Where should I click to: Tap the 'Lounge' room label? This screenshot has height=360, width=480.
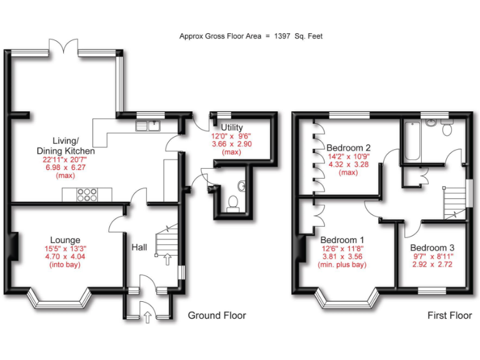point(66,240)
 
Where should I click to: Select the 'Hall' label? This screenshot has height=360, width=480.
point(139,248)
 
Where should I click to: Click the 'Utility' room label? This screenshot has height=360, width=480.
point(231,127)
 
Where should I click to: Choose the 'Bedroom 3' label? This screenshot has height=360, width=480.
point(432,247)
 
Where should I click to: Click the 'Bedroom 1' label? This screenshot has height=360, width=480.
point(342,239)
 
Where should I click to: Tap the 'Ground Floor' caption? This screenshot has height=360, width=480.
point(217,316)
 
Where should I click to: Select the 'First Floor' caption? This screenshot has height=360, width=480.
point(449,316)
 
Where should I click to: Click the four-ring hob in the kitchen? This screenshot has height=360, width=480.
point(86,194)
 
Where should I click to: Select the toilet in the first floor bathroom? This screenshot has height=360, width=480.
point(447,128)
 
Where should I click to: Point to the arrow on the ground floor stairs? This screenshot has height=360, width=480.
point(167,259)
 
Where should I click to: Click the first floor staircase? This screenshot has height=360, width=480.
point(454,203)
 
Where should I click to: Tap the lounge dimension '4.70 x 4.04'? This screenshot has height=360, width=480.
point(66,256)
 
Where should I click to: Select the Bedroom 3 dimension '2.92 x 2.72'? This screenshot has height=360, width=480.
point(432,264)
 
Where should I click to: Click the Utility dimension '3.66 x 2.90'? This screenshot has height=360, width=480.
point(231,144)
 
